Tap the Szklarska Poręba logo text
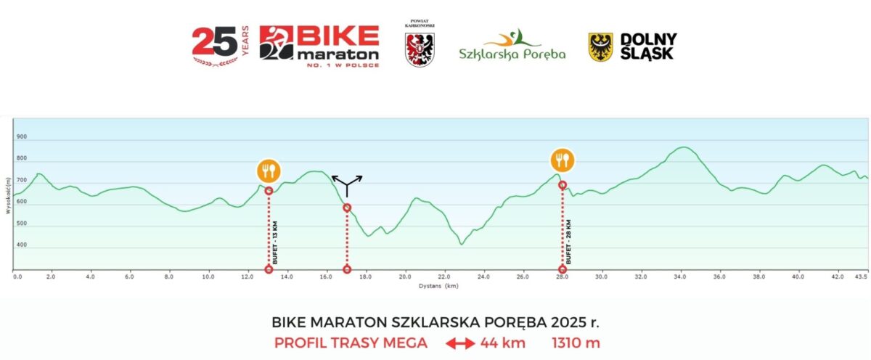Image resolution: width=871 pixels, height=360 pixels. (512, 54)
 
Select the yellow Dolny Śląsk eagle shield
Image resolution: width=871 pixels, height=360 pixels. (600, 47)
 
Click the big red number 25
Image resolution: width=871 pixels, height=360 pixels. (215, 44)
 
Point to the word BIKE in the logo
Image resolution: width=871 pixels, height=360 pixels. (338, 36)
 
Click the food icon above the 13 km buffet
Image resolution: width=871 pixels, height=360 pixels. (269, 171)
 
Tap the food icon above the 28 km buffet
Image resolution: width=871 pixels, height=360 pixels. (562, 159)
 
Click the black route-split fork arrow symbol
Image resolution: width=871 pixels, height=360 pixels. (347, 184)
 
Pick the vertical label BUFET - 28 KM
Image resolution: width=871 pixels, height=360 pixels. (569, 242)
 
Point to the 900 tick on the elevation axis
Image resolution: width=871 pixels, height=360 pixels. (22, 137)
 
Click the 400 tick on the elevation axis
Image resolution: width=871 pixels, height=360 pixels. (22, 245)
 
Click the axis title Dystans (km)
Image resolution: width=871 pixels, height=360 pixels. (438, 285)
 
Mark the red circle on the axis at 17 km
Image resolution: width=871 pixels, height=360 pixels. (347, 269)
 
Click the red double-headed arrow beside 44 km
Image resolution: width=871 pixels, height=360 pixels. (460, 343)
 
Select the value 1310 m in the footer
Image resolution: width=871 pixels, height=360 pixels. (576, 343)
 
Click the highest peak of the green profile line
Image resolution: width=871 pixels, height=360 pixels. (683, 147)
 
